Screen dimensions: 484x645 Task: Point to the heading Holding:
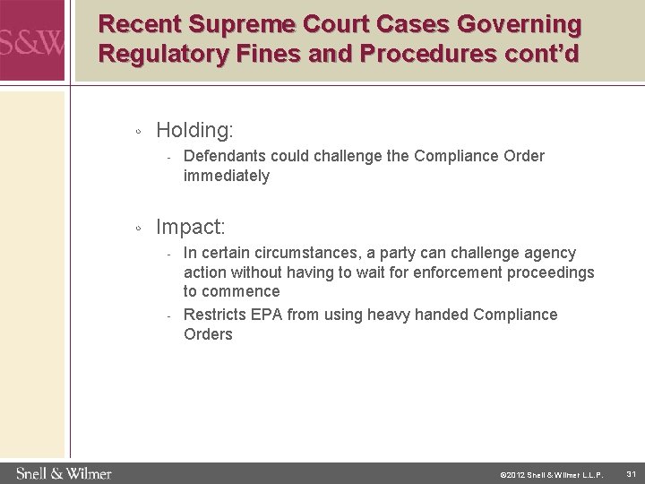(194, 130)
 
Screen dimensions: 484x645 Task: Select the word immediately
(226, 177)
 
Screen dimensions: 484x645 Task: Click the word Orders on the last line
(208, 334)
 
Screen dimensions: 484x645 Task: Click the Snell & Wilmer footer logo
(63, 472)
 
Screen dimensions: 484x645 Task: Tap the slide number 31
(632, 473)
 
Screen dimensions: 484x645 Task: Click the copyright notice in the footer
(552, 473)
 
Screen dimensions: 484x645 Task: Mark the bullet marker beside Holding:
(136, 133)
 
